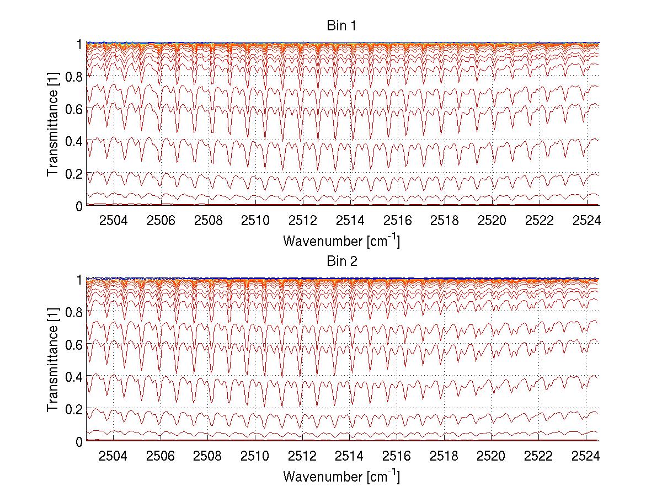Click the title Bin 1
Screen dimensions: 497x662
tap(341, 26)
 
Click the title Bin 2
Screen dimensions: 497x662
tap(341, 261)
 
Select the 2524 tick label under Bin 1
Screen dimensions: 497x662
tap(586, 221)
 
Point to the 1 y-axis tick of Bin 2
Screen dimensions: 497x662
tap(79, 280)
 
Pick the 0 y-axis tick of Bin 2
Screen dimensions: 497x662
tap(79, 441)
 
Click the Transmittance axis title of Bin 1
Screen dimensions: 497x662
tap(53, 124)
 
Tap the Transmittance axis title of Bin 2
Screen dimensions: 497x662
tap(53, 360)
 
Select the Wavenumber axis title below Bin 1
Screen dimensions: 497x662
tap(341, 241)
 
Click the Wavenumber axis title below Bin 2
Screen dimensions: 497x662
tap(341, 476)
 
